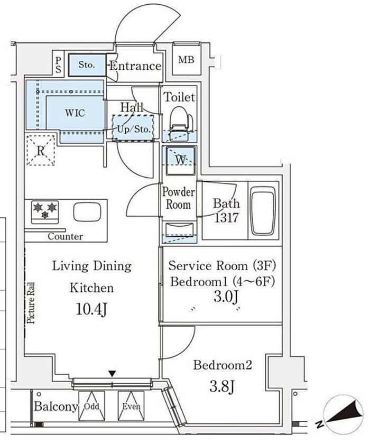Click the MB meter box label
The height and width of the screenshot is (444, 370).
[x=186, y=60]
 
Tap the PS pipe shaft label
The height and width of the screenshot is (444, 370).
[x=58, y=65]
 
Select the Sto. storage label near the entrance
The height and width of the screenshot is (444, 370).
[x=87, y=65]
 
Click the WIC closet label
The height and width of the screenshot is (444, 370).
[x=75, y=113]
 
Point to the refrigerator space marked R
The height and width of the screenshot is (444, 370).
[x=41, y=150]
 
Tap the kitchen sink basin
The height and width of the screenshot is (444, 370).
[x=87, y=212]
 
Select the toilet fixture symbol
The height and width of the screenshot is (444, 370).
[x=181, y=123]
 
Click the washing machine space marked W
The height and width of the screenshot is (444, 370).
[x=181, y=160]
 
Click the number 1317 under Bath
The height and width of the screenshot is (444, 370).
[x=226, y=218]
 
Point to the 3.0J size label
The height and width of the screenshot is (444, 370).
[x=226, y=297]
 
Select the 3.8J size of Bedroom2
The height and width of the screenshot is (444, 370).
[x=222, y=386]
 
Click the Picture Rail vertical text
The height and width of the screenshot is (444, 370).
[x=31, y=303]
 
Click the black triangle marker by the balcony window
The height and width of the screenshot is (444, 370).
[x=113, y=374]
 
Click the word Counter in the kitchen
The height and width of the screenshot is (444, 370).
[x=66, y=236]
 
